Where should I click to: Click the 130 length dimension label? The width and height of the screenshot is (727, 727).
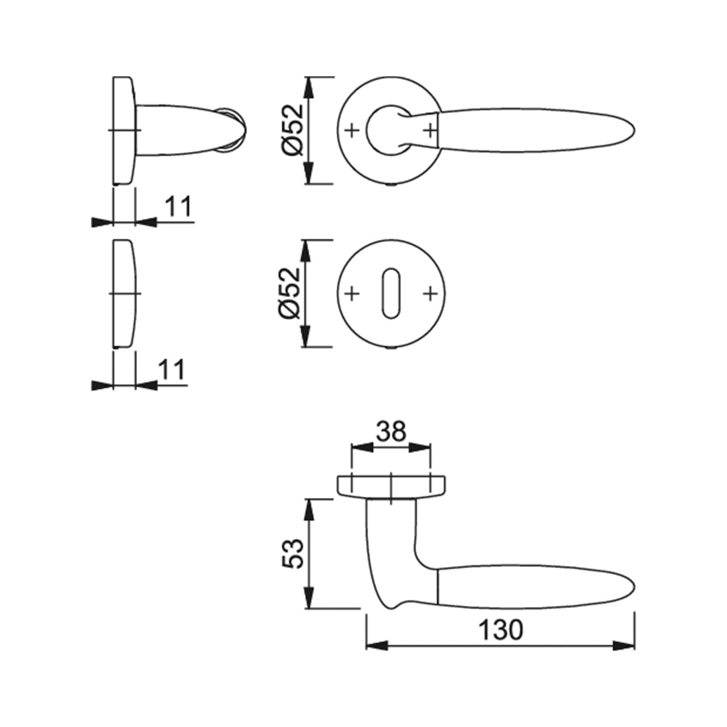(500, 629)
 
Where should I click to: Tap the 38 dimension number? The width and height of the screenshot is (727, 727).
(391, 431)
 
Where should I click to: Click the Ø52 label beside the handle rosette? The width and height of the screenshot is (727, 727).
(293, 130)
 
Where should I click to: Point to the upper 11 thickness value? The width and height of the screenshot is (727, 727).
(179, 207)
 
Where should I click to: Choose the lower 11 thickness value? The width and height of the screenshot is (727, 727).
(172, 370)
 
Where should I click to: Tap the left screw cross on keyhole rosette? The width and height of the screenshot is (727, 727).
(351, 293)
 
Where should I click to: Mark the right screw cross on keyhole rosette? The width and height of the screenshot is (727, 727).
(430, 293)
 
